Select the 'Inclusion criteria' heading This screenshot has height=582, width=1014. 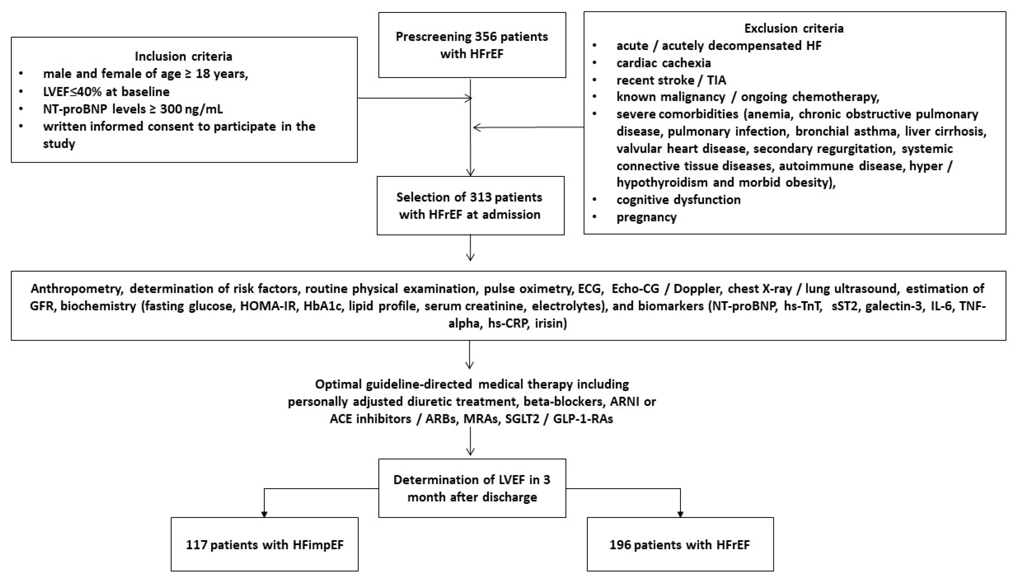[184, 56]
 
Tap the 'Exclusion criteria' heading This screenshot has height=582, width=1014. [794, 28]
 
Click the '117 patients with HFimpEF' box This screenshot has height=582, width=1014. [264, 544]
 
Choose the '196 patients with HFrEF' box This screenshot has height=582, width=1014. [680, 544]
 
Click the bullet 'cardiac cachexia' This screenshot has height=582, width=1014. [664, 63]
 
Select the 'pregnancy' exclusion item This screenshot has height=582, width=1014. [646, 217]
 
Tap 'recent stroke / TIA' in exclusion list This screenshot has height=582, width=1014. [671, 80]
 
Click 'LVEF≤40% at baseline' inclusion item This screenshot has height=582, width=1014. [106, 92]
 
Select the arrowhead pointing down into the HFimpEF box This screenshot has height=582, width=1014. [264, 514]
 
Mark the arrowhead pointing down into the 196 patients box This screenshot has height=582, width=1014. [680, 514]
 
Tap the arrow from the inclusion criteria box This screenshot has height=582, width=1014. [416, 98]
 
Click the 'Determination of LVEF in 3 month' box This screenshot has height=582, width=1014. [472, 488]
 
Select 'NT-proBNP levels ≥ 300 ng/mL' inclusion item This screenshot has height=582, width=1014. [133, 109]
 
